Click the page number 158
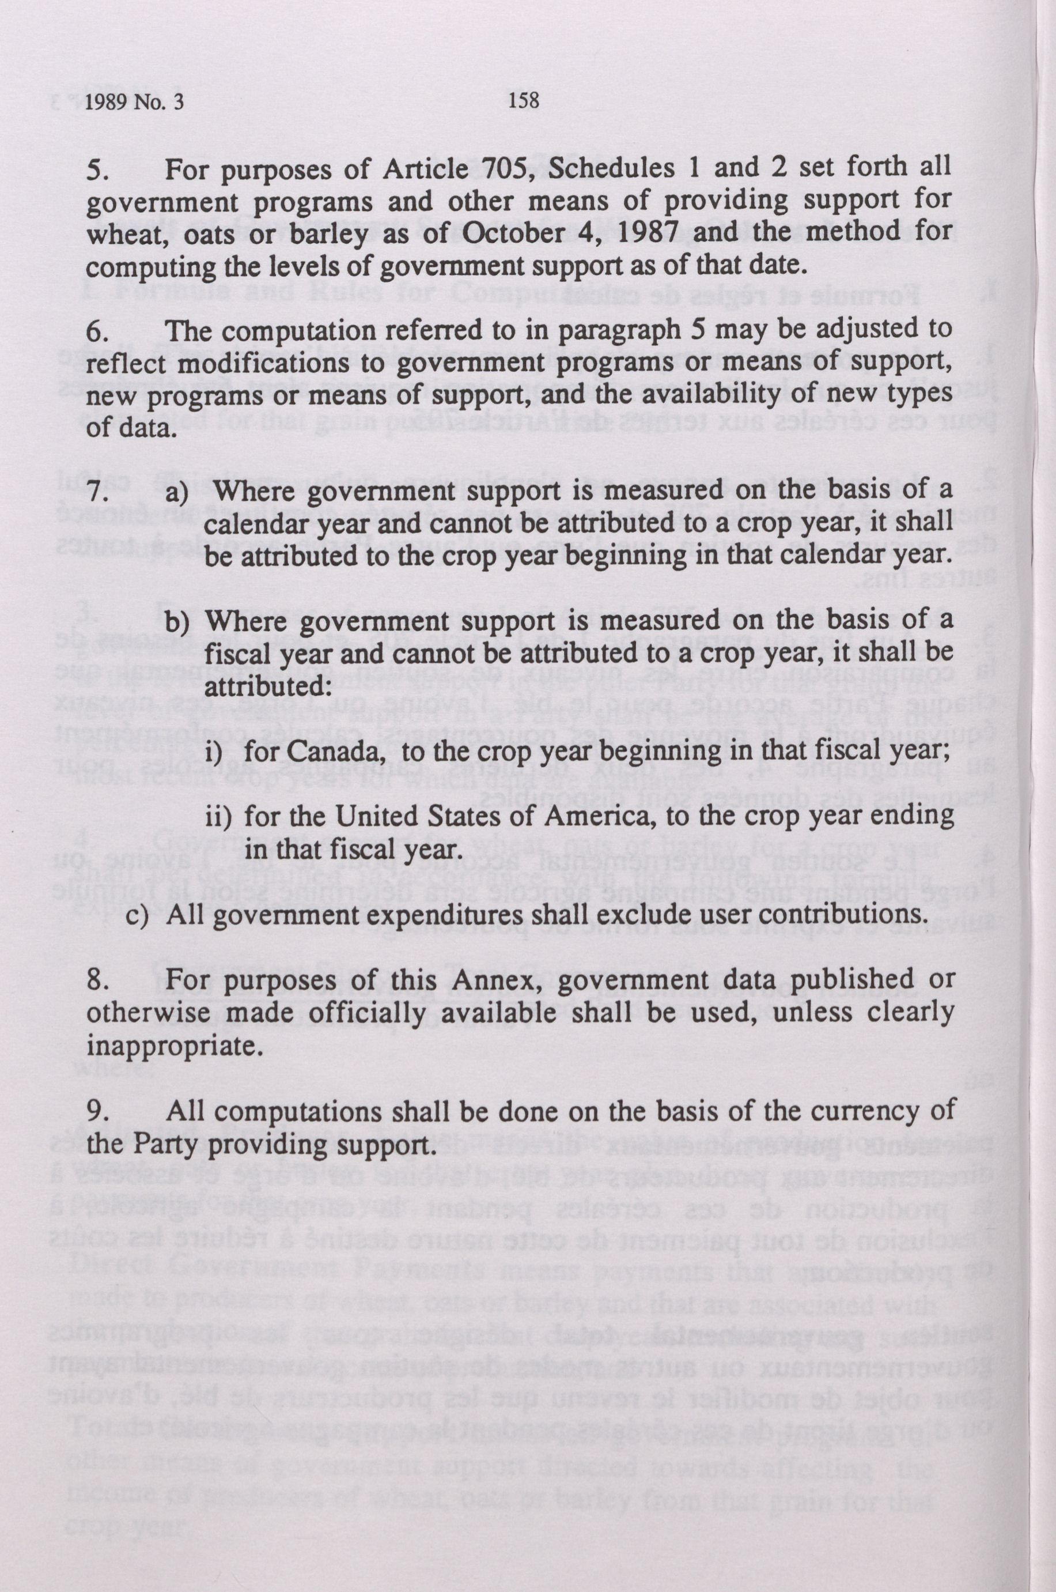click(525, 101)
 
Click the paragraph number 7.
click(96, 491)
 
